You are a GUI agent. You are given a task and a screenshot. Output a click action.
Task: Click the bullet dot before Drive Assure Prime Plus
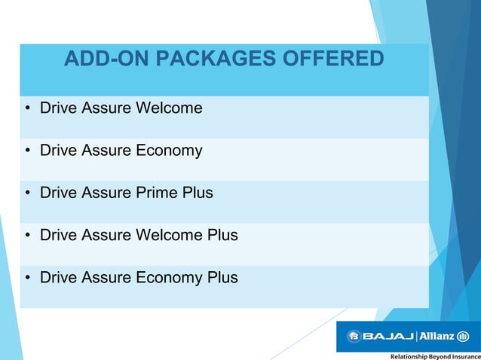pos(27,194)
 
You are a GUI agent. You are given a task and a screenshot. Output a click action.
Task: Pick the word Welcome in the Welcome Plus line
pos(169,235)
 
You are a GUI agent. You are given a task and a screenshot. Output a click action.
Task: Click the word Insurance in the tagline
pos(463,355)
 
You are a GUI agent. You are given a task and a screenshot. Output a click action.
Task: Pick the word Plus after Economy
pos(222,278)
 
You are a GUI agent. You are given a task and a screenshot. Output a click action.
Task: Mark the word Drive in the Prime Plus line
pos(57,193)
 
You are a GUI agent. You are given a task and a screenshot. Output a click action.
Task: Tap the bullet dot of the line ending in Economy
pos(27,151)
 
